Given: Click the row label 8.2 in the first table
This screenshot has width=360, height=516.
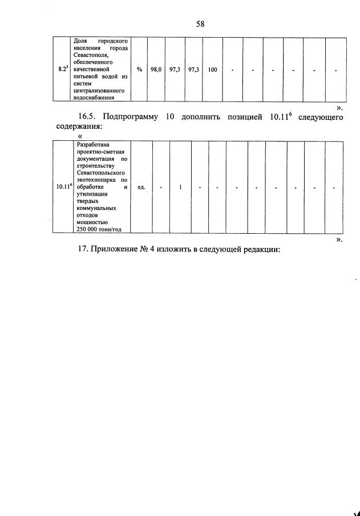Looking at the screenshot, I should pyautogui.click(x=63, y=70).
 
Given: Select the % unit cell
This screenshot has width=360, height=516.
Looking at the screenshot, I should pyautogui.click(x=139, y=70).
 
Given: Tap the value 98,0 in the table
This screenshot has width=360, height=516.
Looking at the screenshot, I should pyautogui.click(x=156, y=70).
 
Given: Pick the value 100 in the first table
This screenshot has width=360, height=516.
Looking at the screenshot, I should pyautogui.click(x=212, y=70).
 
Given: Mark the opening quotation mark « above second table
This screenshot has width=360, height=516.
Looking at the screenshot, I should pyautogui.click(x=79, y=136).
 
